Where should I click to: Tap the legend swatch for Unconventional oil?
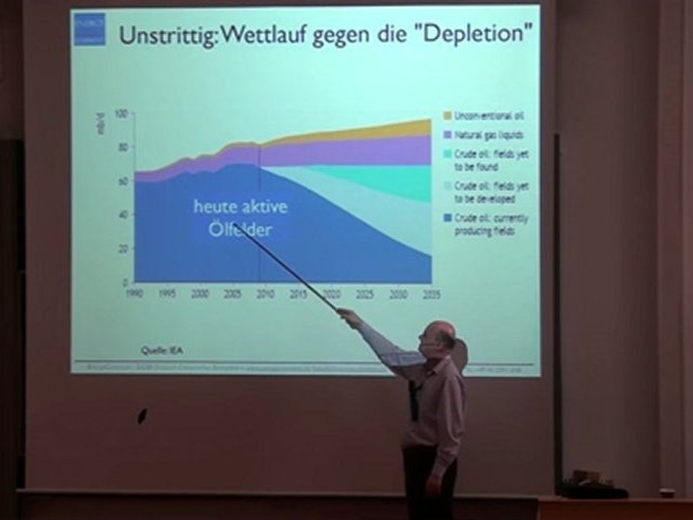pyautogui.click(x=447, y=116)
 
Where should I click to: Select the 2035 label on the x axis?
pyautogui.click(x=431, y=295)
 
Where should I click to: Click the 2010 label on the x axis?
pyautogui.click(x=266, y=295)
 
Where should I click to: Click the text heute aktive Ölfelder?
pyautogui.click(x=240, y=217)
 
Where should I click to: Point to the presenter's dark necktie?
pyautogui.click(x=414, y=398)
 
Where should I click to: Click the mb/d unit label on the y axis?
pyautogui.click(x=100, y=123)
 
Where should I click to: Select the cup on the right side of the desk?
pyautogui.click(x=666, y=493)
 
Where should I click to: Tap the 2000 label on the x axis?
pyautogui.click(x=201, y=295)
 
